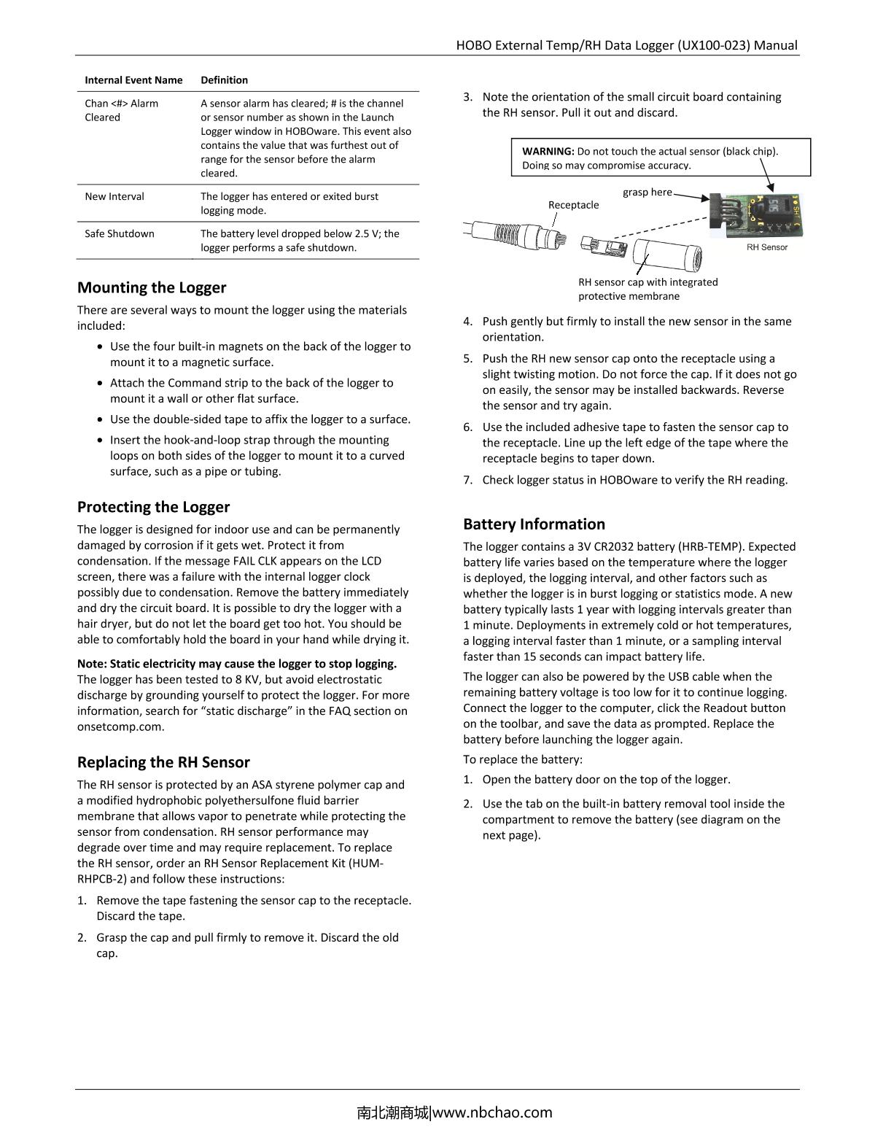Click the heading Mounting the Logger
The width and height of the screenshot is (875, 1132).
[x=152, y=287]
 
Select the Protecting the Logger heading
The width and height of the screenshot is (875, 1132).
[x=153, y=507]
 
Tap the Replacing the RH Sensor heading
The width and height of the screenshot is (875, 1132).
[x=163, y=762]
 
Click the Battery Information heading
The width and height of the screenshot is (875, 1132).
[x=534, y=524]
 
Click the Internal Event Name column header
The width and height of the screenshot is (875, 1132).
[x=133, y=80]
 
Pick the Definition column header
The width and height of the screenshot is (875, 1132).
[x=224, y=80]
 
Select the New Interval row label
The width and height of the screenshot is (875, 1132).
[x=114, y=196]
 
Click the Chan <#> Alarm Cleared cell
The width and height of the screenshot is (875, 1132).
[x=121, y=110]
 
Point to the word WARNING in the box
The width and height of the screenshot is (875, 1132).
[x=548, y=152]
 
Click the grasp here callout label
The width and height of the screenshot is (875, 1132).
[x=647, y=192]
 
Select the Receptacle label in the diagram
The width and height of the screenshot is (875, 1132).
[x=573, y=205]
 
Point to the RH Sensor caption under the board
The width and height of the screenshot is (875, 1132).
[x=766, y=247]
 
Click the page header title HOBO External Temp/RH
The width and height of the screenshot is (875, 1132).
[x=626, y=45]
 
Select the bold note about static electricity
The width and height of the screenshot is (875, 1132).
[x=237, y=664]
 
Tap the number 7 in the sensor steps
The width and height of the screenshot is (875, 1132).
[x=467, y=480]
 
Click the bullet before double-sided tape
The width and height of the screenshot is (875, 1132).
[x=101, y=419]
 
